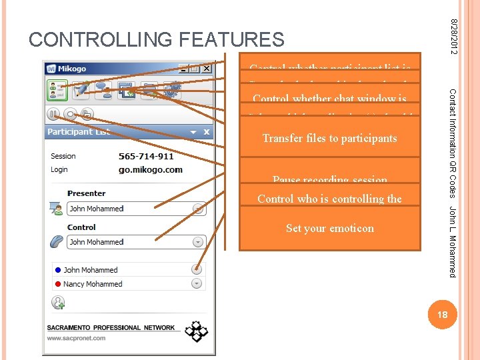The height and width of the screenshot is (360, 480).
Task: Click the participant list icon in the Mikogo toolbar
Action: tap(56, 89)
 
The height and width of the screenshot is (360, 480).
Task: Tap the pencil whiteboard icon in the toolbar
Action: tap(81, 89)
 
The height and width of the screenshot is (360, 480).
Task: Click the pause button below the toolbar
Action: tap(53, 114)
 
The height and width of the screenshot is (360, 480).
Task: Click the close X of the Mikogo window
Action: tap(207, 69)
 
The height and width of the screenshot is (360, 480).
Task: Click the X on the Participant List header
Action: tap(207, 132)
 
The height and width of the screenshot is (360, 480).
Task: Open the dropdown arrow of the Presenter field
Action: tap(197, 209)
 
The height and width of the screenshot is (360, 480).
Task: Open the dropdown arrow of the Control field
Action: tap(197, 242)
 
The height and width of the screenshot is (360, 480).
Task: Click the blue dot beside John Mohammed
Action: tap(58, 270)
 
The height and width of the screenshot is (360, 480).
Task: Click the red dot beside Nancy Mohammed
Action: tap(58, 284)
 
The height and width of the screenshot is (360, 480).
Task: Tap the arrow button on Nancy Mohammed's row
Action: tap(197, 283)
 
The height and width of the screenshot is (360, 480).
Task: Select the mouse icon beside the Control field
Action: tap(57, 241)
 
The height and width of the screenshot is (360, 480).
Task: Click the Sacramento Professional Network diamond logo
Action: tap(196, 331)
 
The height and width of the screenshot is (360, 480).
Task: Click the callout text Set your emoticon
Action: tap(330, 229)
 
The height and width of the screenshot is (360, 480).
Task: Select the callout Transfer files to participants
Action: tap(330, 139)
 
